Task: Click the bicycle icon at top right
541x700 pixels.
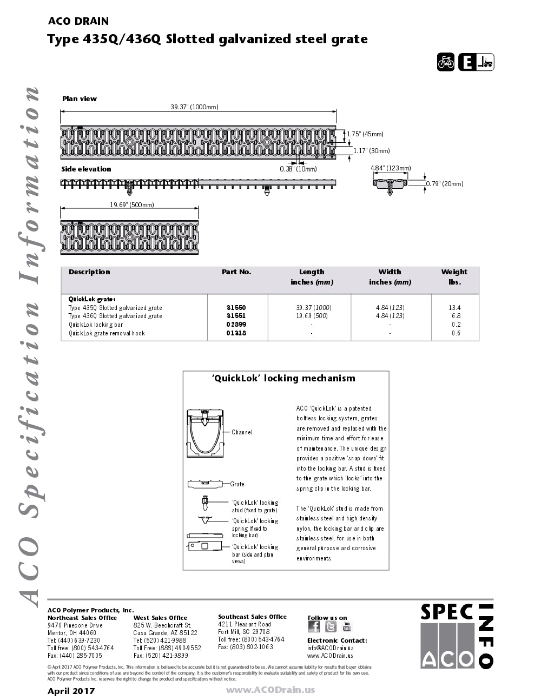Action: pyautogui.click(x=446, y=62)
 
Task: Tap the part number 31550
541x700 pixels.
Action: pyautogui.click(x=236, y=307)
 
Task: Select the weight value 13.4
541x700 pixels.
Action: pyautogui.click(x=454, y=307)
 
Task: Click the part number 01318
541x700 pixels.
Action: pyautogui.click(x=236, y=333)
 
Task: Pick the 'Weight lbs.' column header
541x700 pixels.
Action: pyautogui.click(x=454, y=276)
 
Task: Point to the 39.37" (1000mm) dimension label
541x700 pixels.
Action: pyautogui.click(x=194, y=107)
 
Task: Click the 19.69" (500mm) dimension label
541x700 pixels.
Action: pyautogui.click(x=132, y=205)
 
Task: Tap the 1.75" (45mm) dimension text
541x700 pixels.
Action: pyautogui.click(x=365, y=134)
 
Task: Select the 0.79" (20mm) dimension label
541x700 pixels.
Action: pyautogui.click(x=445, y=184)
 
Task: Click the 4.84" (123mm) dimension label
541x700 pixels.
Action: pyautogui.click(x=390, y=168)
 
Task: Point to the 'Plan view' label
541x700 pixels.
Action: pyautogui.click(x=80, y=99)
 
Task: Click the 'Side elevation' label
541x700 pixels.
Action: pyautogui.click(x=86, y=169)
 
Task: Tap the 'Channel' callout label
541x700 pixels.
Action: pyautogui.click(x=242, y=432)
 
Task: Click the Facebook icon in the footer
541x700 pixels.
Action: pyautogui.click(x=314, y=626)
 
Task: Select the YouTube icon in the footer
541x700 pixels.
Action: pyautogui.click(x=347, y=626)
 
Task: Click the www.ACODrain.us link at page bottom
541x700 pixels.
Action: pyautogui.click(x=270, y=690)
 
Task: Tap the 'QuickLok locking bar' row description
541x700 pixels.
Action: pyautogui.click(x=96, y=325)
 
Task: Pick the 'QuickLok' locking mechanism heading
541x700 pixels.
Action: pyautogui.click(x=283, y=379)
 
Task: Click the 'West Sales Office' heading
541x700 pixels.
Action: pyautogui.click(x=160, y=618)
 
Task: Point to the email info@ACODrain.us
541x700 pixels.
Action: pyautogui.click(x=330, y=648)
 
